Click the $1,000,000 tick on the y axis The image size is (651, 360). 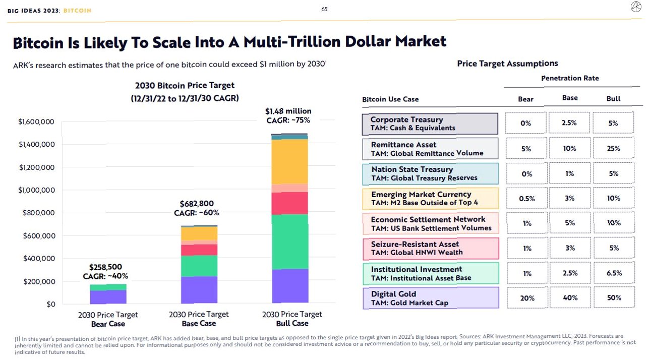tap(36, 190)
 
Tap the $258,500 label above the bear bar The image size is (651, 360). tap(105, 267)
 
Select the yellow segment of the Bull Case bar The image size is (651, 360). tap(289, 161)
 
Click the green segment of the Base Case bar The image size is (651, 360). tap(199, 266)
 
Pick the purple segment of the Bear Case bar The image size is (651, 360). tap(108, 297)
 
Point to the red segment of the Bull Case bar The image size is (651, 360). tap(289, 203)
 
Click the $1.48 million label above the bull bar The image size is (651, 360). tap(288, 111)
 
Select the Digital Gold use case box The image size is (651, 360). tap(430, 298)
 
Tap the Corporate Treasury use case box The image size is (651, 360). tap(430, 124)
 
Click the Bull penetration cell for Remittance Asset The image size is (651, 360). tap(613, 148)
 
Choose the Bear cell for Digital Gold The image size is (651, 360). tap(526, 298)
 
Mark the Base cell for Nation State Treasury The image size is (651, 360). tap(569, 173)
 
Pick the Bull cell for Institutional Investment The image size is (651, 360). tap(613, 273)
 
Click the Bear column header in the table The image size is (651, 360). tap(525, 99)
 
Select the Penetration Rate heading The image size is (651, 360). tap(570, 79)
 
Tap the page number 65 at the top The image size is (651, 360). tap(324, 9)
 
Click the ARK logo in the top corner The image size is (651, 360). tap(636, 7)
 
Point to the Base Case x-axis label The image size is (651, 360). tap(199, 319)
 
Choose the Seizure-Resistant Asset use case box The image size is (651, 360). tap(430, 248)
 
